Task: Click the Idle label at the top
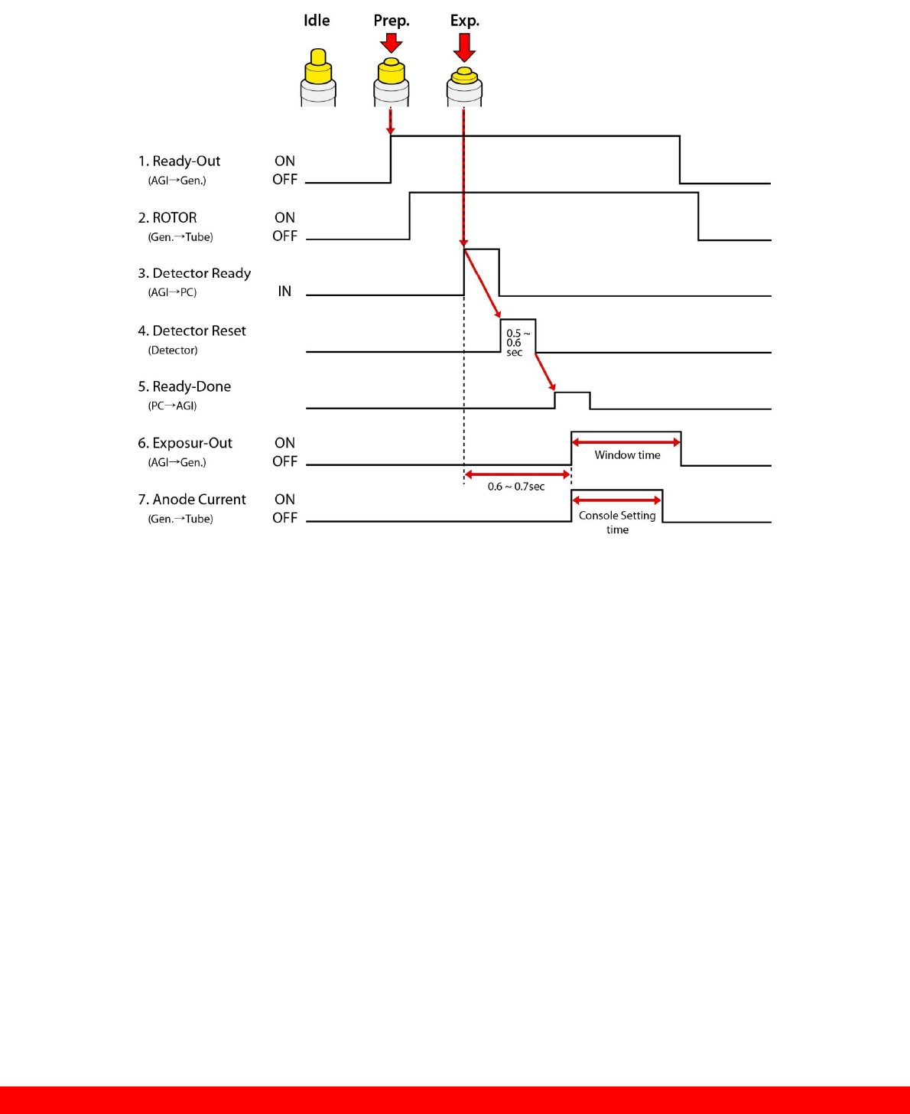(x=317, y=21)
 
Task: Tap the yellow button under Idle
(x=318, y=69)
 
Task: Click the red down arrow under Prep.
(x=392, y=42)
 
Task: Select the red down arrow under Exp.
(x=464, y=46)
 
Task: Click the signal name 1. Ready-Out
(x=179, y=161)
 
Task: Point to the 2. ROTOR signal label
(x=167, y=218)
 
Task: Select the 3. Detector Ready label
(x=194, y=273)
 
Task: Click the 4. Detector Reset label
(x=192, y=331)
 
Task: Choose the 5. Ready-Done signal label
(x=184, y=386)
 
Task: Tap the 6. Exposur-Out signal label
(x=185, y=443)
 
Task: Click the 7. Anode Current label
(x=192, y=500)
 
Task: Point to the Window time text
(x=627, y=455)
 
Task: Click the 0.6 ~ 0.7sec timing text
(x=516, y=487)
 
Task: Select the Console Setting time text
(x=617, y=522)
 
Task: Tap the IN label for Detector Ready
(x=284, y=292)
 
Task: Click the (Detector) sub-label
(x=173, y=350)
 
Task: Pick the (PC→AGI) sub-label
(x=172, y=406)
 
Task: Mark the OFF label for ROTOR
(x=284, y=236)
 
